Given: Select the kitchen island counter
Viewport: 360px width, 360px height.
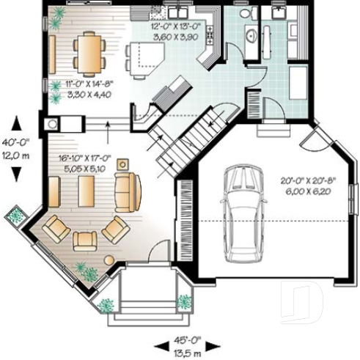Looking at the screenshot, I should pos(142,58).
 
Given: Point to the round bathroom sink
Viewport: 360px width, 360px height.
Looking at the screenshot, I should pos(249,34).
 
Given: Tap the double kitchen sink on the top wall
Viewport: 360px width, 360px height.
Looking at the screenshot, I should pos(178,11).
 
